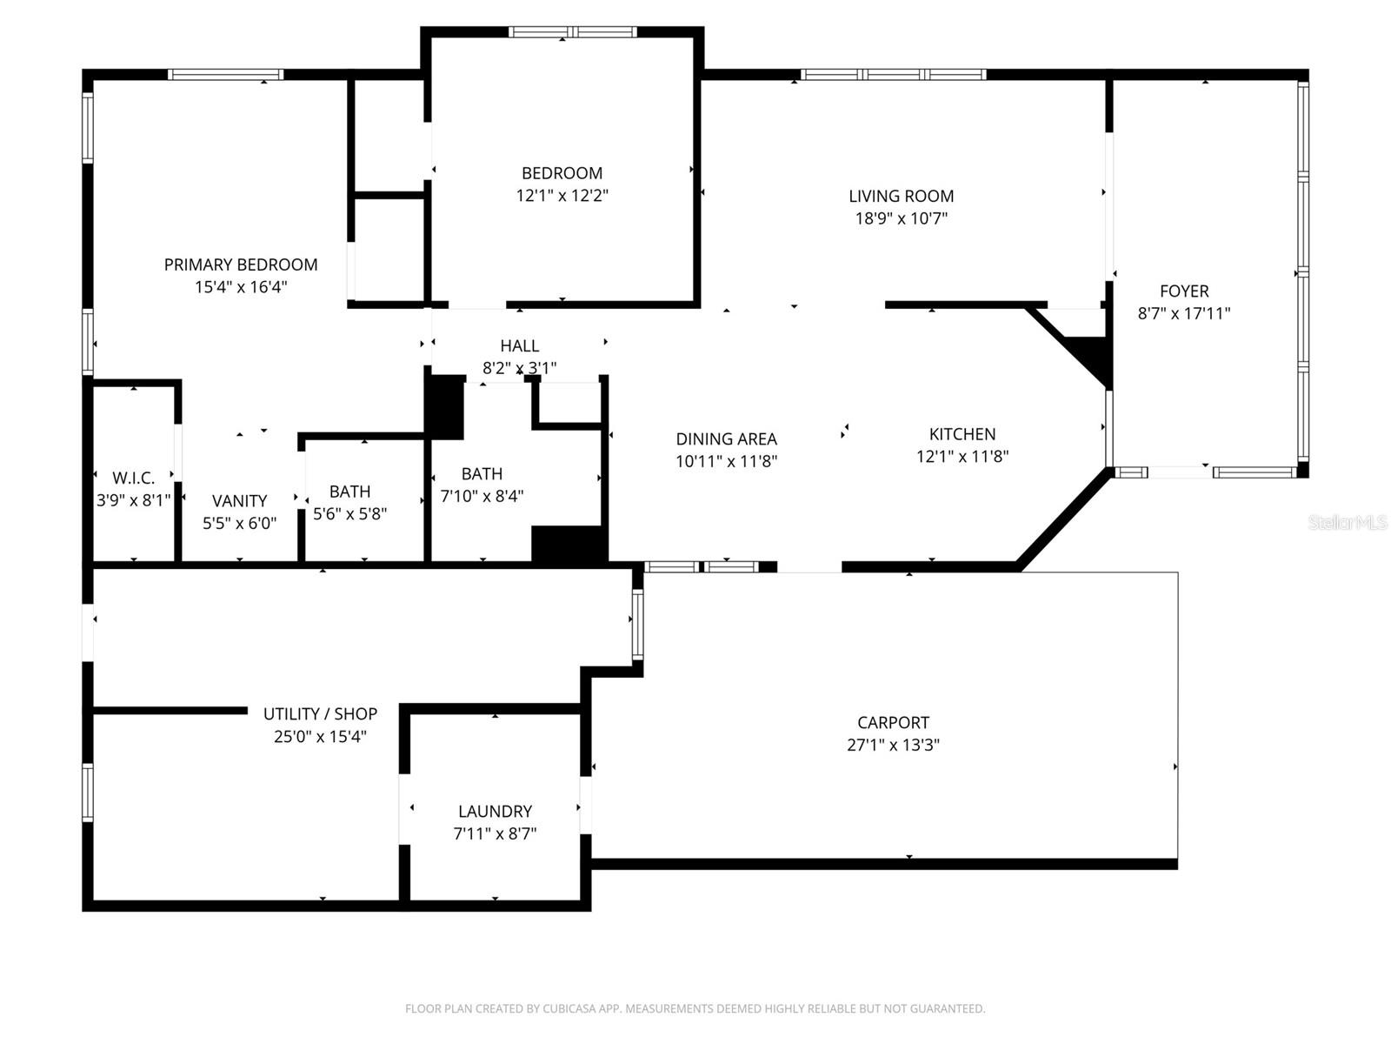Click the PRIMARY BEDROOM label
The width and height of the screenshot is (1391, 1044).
pyautogui.click(x=241, y=264)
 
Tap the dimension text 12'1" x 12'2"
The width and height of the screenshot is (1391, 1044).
pyautogui.click(x=562, y=196)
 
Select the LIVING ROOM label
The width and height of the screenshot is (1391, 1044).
pyautogui.click(x=901, y=197)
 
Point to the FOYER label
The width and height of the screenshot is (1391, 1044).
pyautogui.click(x=1183, y=291)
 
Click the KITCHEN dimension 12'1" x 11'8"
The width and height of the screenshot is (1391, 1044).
pyautogui.click(x=962, y=457)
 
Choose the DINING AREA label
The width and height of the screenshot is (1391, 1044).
pyautogui.click(x=726, y=439)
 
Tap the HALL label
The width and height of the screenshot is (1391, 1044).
pyautogui.click(x=519, y=346)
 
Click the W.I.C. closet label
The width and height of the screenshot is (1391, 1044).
pyautogui.click(x=133, y=478)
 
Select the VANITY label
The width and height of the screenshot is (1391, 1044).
pyautogui.click(x=239, y=501)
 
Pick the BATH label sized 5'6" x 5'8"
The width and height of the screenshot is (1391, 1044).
pyautogui.click(x=349, y=492)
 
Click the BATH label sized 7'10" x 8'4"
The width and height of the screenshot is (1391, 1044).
pyautogui.click(x=482, y=474)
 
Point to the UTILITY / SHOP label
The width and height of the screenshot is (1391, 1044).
pyautogui.click(x=320, y=714)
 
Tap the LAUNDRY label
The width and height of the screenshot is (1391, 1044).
pyautogui.click(x=495, y=812)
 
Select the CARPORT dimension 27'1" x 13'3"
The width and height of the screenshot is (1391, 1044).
pyautogui.click(x=893, y=746)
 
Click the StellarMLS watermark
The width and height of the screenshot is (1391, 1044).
pyautogui.click(x=1347, y=523)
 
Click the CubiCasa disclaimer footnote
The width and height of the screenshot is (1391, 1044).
pyautogui.click(x=695, y=1009)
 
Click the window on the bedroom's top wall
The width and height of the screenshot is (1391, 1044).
pyautogui.click(x=572, y=33)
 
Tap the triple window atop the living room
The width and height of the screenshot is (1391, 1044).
pyautogui.click(x=893, y=75)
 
